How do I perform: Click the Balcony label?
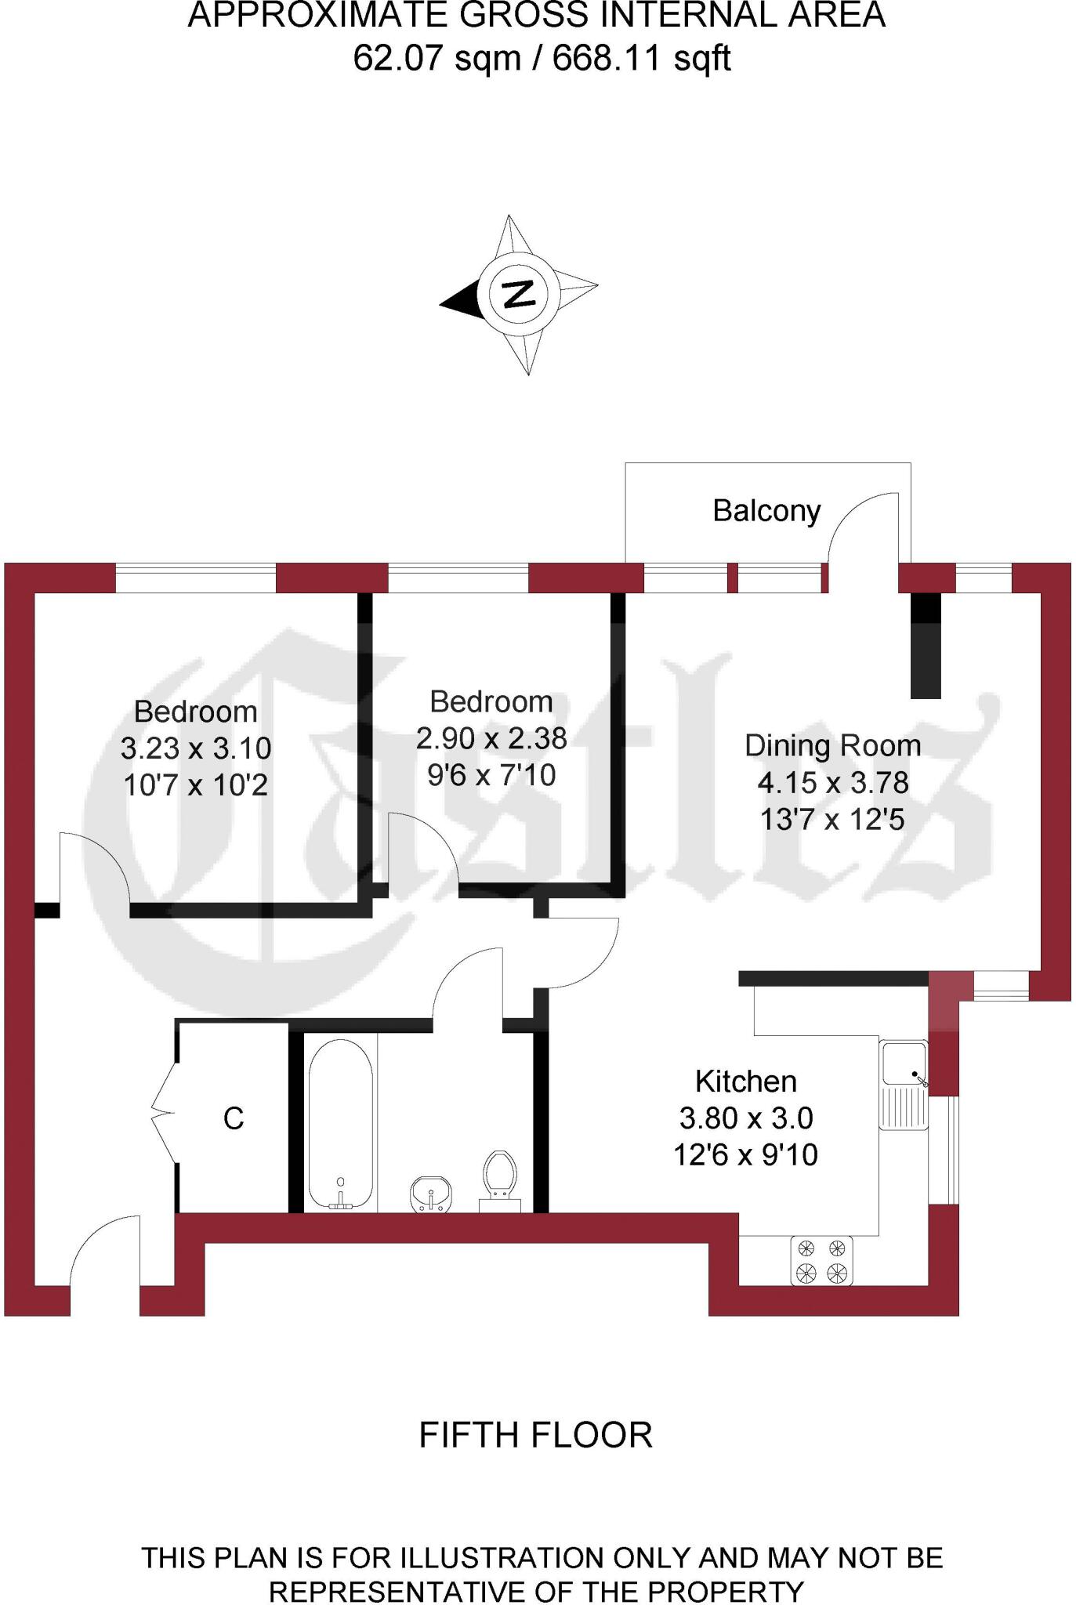(766, 511)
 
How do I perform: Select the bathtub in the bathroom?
(340, 1124)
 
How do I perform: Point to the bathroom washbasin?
(431, 1193)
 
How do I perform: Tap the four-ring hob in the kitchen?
(821, 1260)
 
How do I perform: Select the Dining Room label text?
(832, 745)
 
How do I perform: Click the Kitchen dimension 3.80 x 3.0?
(745, 1118)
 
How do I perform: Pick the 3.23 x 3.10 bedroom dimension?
(196, 748)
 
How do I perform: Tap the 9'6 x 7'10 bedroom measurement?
(491, 775)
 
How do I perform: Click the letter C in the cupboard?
(234, 1118)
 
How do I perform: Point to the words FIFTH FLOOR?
(536, 1435)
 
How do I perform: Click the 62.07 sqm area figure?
(437, 58)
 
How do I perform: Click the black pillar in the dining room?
(925, 646)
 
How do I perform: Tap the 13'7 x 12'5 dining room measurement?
(832, 819)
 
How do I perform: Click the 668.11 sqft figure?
(642, 58)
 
